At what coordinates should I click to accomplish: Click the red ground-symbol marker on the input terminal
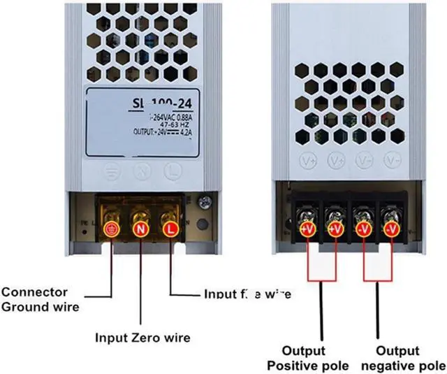click(110, 228)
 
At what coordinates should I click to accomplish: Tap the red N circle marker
click(140, 228)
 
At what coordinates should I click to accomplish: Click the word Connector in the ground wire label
click(35, 292)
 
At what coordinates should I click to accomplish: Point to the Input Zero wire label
click(142, 338)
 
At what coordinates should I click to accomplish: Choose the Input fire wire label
click(246, 294)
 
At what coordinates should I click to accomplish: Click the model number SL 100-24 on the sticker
click(159, 104)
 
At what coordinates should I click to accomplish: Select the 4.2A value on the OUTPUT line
click(187, 132)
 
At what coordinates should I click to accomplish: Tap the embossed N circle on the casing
click(141, 169)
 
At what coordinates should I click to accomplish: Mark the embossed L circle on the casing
click(171, 169)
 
